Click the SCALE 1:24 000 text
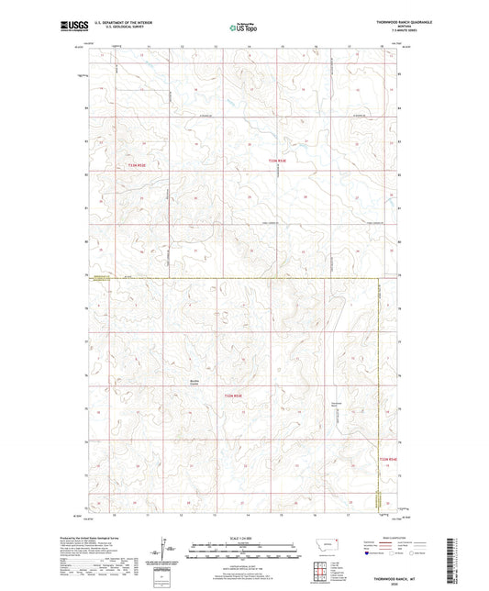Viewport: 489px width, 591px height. pos(243,539)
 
